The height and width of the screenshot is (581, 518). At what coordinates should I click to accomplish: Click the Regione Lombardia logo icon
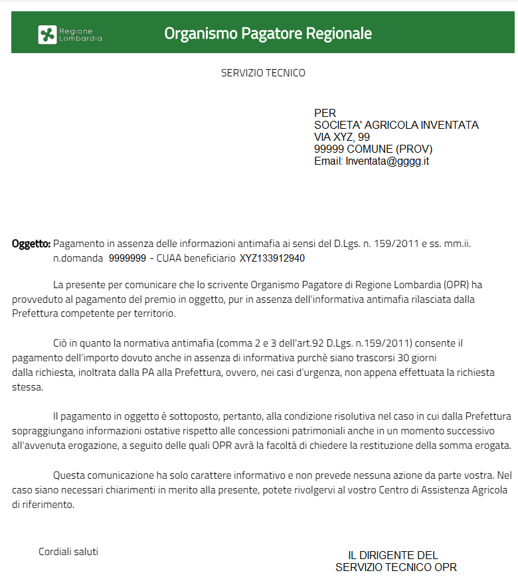pos(47,34)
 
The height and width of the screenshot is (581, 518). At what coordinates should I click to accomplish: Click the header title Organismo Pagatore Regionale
pos(268,33)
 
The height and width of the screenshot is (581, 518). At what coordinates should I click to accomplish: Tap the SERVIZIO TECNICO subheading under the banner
pos(263,73)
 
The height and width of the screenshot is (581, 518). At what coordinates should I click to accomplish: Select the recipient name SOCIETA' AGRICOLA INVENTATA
pos(396,125)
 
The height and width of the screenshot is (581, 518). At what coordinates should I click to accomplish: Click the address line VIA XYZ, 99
pos(342,137)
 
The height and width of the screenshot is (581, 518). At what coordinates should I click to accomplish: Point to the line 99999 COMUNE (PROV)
pos(373,149)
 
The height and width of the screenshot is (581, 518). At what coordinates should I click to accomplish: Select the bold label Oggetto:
pos(31,244)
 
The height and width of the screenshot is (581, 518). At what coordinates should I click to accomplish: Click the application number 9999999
pos(127,258)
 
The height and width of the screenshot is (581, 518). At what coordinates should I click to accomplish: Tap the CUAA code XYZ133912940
pos(272,258)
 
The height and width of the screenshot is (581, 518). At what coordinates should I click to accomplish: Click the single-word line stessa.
pos(27,386)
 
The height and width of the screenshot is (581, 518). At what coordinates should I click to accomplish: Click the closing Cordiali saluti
pos(68,552)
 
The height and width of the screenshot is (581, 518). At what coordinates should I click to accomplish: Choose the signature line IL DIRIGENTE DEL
pos(393,555)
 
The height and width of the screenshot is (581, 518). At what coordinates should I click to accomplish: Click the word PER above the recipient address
pos(325,113)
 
